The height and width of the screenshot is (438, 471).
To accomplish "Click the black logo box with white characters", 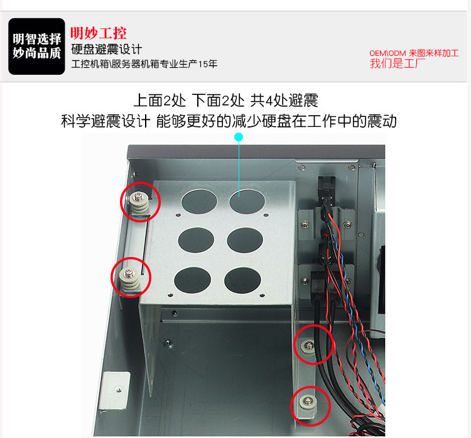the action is pos(36,47).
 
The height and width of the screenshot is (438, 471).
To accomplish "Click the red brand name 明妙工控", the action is pos(99,33).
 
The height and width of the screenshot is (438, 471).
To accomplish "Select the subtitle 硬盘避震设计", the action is pos(107,50).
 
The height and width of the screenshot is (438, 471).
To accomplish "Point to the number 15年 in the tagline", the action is pos(208,64).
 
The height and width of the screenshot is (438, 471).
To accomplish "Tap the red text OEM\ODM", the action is pos(387,53).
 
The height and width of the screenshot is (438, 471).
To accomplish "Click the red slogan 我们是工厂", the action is pos(398,63).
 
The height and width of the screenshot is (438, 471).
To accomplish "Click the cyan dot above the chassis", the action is pos(239,137).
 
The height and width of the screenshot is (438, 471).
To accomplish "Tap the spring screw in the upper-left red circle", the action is pos(139,204).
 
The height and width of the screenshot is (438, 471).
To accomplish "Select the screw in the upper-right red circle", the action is pos(309,346).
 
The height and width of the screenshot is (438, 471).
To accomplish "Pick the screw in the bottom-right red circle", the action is pos(307,402).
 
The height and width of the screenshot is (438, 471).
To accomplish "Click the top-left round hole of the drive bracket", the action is pos(199,202).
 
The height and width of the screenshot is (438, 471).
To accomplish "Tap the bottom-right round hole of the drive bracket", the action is pos(242,280).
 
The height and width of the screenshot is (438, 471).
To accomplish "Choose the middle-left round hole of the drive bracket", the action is pos(196,240).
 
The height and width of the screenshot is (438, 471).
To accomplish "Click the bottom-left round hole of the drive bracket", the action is pos(193,280).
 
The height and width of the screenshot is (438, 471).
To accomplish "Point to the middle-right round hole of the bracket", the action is pos(245,240).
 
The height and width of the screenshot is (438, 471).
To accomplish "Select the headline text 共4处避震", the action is pos(284,101).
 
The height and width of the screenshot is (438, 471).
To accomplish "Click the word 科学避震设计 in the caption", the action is pos(106,121).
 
